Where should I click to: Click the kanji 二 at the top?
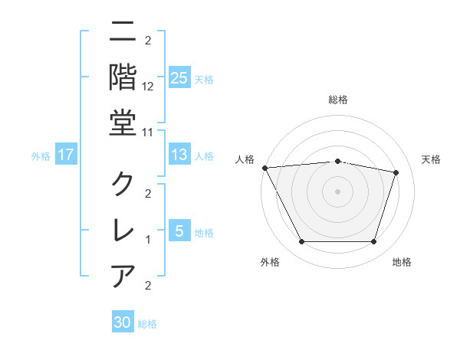[x=123, y=32]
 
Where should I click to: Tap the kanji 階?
[x=123, y=76]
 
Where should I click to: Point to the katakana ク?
[x=123, y=184]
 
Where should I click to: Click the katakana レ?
[x=123, y=229]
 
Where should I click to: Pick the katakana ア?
[x=123, y=274]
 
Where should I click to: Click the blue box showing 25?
[x=179, y=77]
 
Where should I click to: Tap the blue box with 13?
[x=179, y=155]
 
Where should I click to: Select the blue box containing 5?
[x=179, y=231]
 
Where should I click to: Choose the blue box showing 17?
[x=66, y=155]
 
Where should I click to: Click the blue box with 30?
[x=123, y=322]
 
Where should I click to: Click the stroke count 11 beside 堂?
[x=148, y=131]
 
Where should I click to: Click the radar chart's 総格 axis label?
[x=337, y=100]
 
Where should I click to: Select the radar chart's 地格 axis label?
[x=402, y=262]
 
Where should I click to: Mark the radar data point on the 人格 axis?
[x=264, y=167]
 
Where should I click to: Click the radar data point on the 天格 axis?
[x=396, y=172]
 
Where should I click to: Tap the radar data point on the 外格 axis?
[x=301, y=242]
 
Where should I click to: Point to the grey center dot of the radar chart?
[x=337, y=191]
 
